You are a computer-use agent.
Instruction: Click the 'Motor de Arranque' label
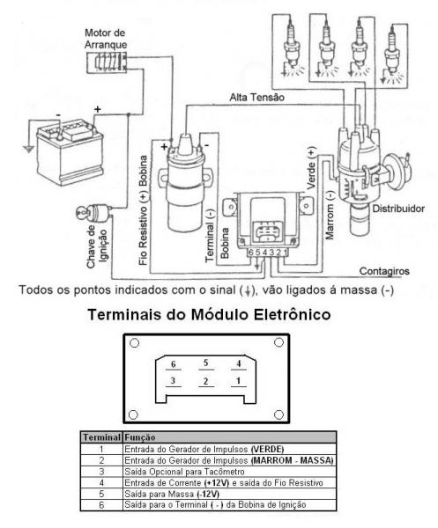pyautogui.click(x=106, y=39)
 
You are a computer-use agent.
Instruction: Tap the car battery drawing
pyautogui.click(x=70, y=151)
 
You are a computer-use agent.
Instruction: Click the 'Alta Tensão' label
pyautogui.click(x=257, y=98)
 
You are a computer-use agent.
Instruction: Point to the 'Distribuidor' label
pyautogui.click(x=398, y=209)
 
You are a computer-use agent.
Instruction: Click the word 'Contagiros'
pyautogui.click(x=384, y=271)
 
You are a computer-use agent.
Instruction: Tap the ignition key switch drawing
pyautogui.click(x=94, y=213)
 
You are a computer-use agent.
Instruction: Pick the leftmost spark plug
pyautogui.click(x=292, y=48)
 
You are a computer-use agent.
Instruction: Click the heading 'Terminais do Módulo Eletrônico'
pyautogui.click(x=209, y=314)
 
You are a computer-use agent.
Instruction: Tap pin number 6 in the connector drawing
pyautogui.click(x=174, y=364)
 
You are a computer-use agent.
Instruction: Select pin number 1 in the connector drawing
pyautogui.click(x=238, y=380)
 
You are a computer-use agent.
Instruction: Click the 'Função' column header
pyautogui.click(x=139, y=437)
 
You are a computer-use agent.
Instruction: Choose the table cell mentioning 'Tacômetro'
pyautogui.click(x=229, y=472)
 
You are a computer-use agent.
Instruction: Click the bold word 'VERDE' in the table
pyautogui.click(x=268, y=449)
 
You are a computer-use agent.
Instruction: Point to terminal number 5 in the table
pyautogui.click(x=101, y=494)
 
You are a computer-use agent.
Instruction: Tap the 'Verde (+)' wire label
pyautogui.click(x=311, y=167)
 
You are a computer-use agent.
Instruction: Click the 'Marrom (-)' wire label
pyautogui.click(x=329, y=216)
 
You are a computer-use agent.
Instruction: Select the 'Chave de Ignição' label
pyautogui.click(x=97, y=246)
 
